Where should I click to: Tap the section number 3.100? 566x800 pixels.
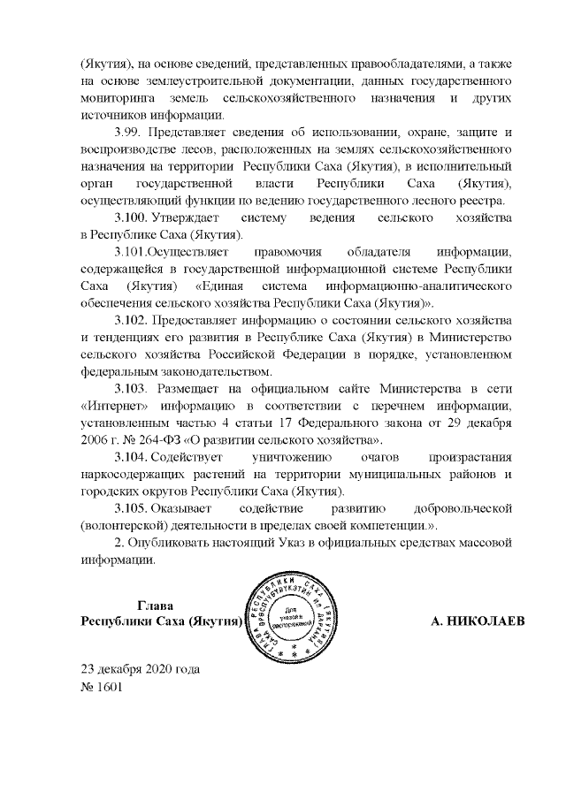132,217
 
